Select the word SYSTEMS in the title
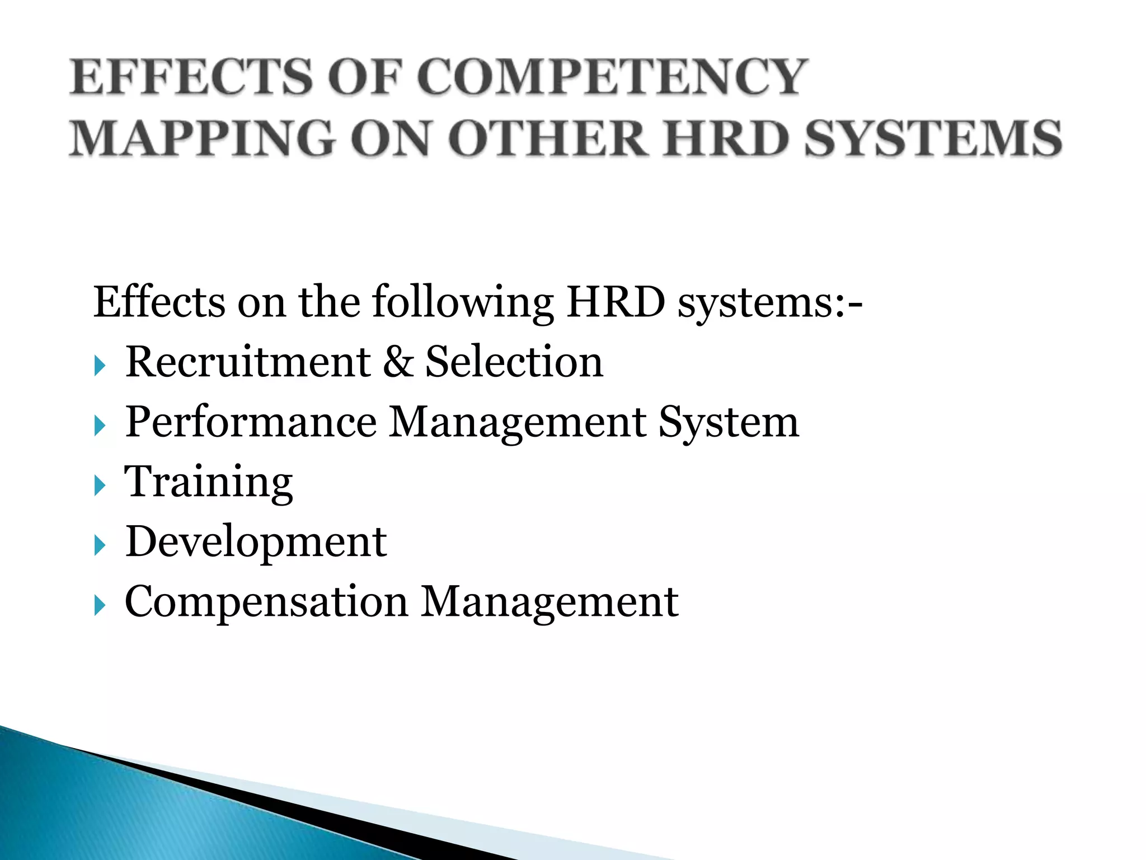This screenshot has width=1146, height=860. pos(933,138)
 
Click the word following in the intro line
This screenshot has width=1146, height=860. pos(462,303)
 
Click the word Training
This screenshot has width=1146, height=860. pos(209,483)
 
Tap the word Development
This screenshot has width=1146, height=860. pos(256,543)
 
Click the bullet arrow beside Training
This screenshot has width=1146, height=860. pos(100,485)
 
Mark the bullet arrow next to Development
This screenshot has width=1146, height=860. pos(100,545)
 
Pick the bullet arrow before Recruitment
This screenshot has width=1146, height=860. pos(100,366)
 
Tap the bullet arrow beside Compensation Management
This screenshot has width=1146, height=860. pos(100,605)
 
